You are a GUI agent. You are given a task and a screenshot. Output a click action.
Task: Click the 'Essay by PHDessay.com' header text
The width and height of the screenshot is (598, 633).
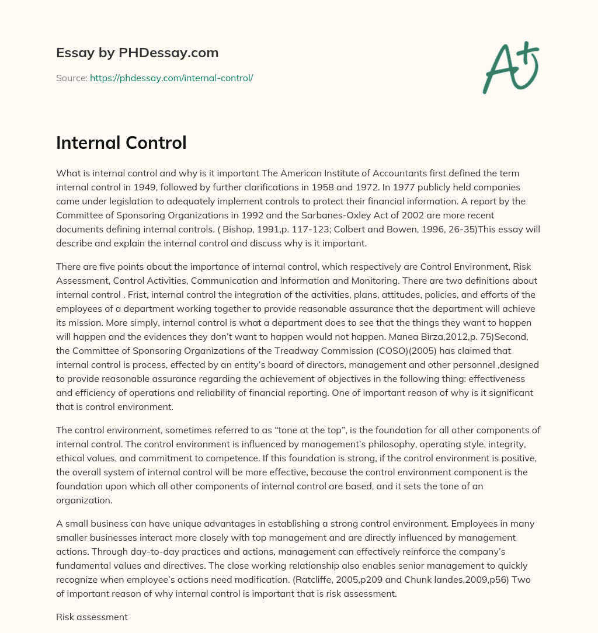[137, 53]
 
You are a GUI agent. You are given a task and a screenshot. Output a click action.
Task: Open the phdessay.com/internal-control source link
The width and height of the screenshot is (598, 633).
[171, 78]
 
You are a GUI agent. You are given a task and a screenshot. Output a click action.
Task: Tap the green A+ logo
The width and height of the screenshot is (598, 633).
[510, 67]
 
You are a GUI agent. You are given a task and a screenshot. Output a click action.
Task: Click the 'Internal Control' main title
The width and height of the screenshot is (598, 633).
[121, 142]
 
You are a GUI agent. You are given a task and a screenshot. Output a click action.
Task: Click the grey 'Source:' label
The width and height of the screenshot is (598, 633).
[71, 78]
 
